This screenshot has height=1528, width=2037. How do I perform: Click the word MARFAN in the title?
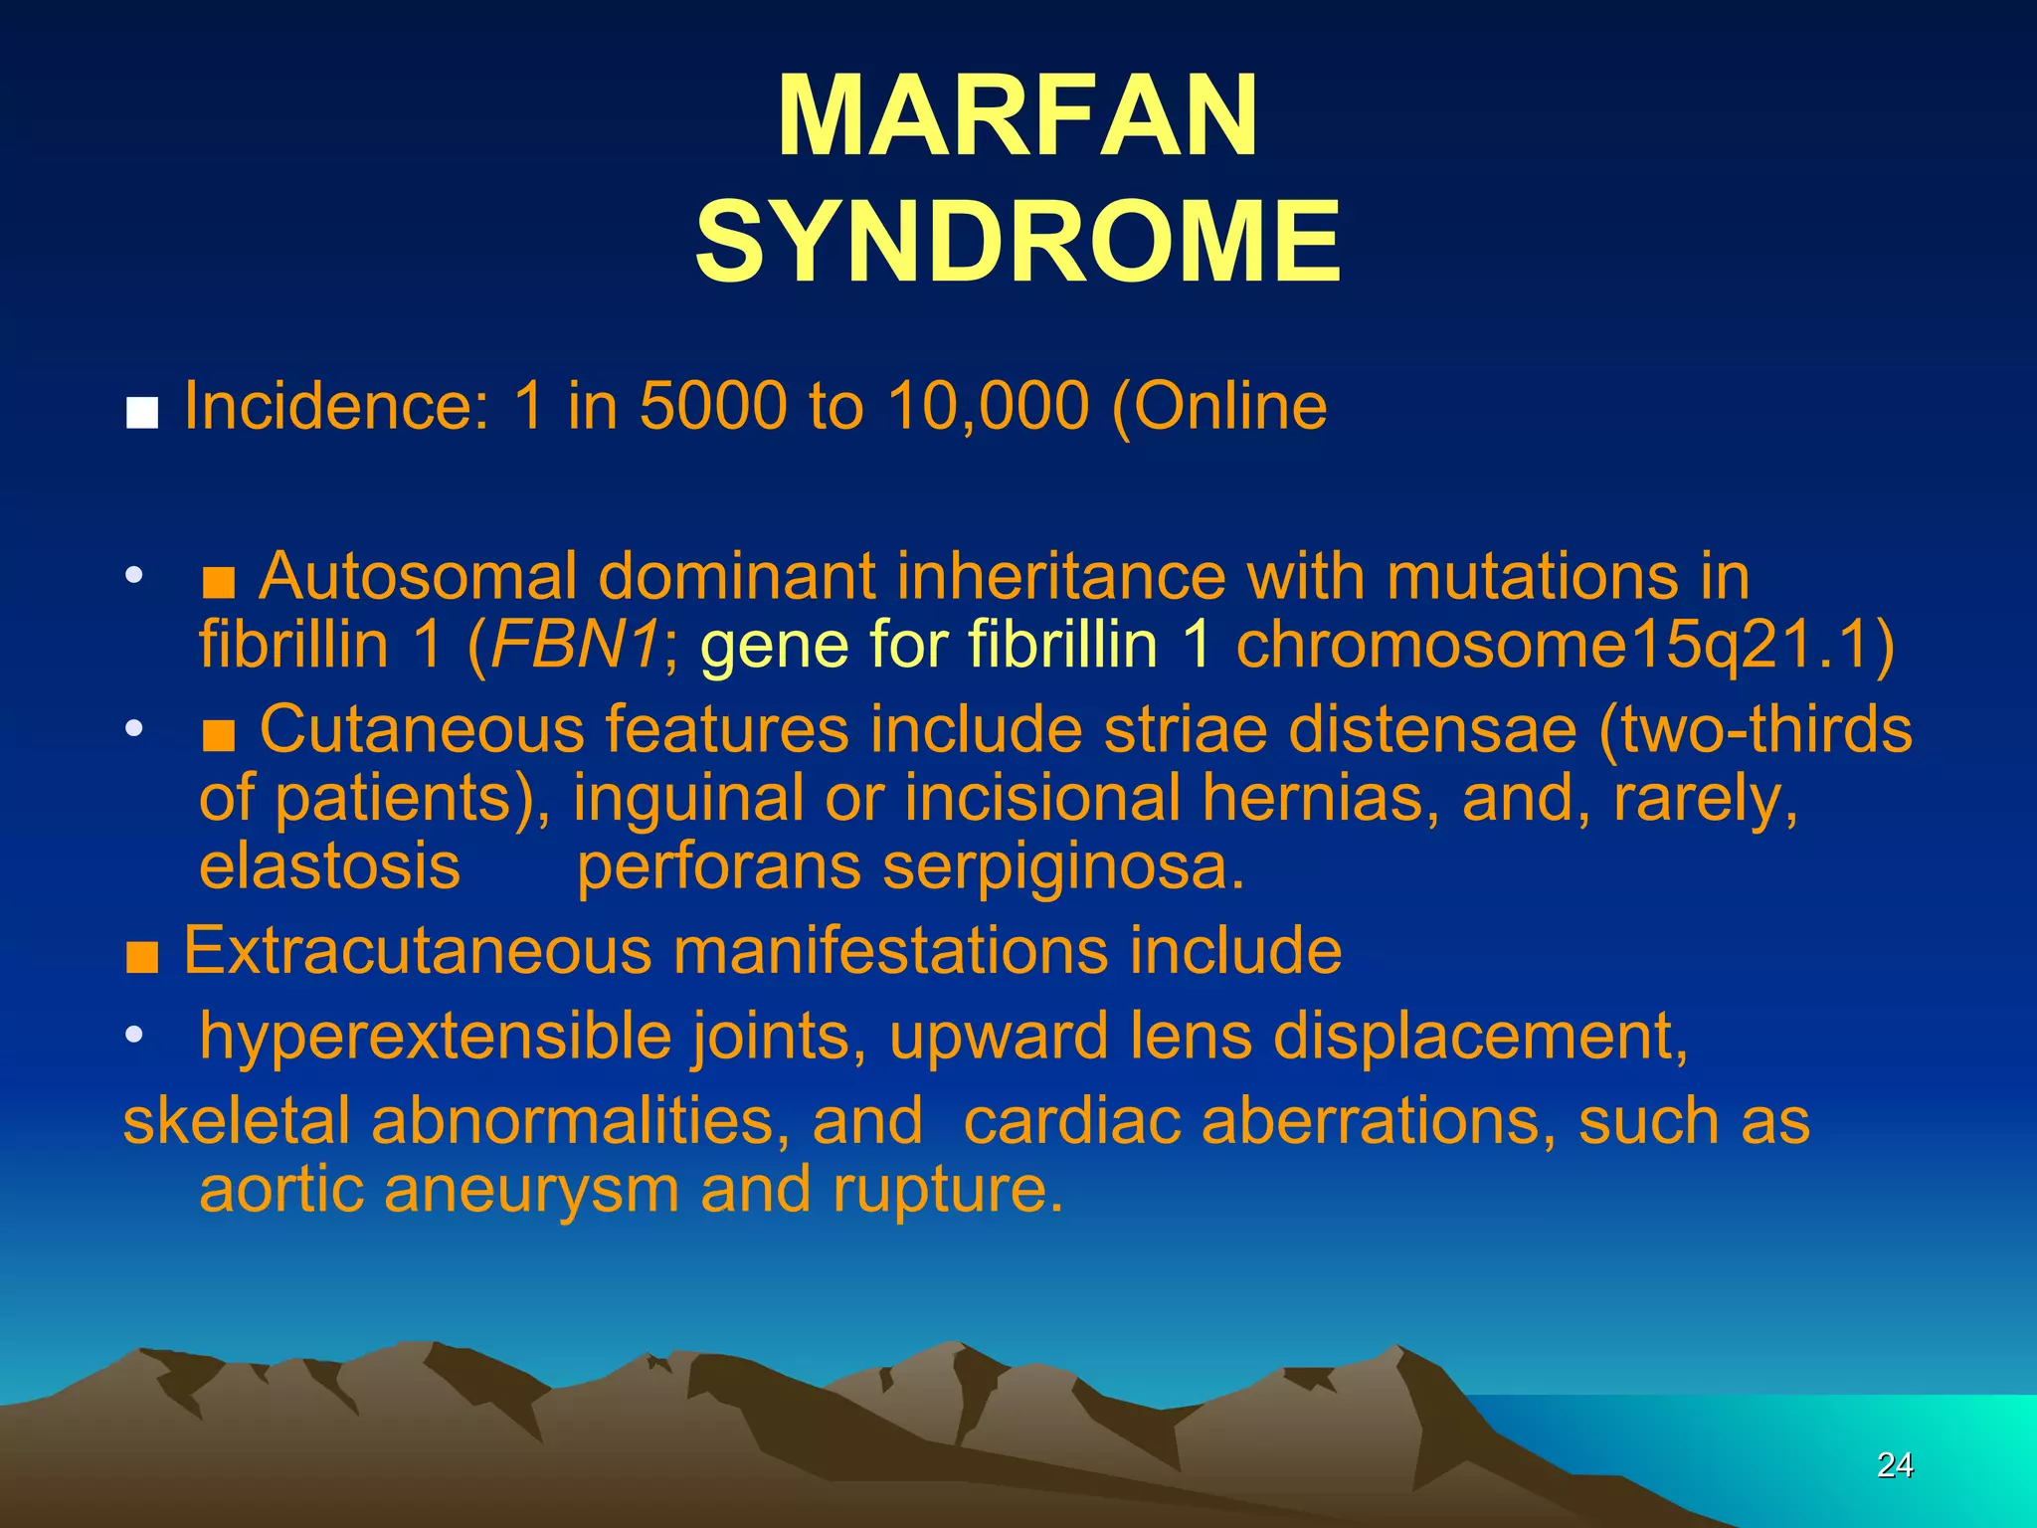click(x=1018, y=117)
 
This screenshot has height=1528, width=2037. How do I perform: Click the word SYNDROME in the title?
click(x=1018, y=242)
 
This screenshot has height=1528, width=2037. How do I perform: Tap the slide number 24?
click(x=1894, y=1464)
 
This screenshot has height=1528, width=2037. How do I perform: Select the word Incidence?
click(x=336, y=407)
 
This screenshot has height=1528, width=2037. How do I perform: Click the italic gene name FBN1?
click(x=573, y=645)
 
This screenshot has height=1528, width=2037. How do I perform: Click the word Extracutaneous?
click(x=418, y=950)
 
